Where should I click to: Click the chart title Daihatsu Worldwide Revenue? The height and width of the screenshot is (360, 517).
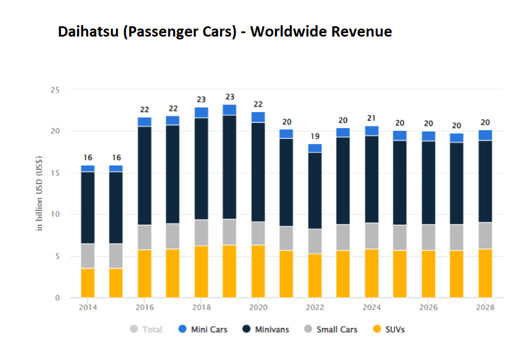[225, 31]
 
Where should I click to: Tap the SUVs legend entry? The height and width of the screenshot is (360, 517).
[388, 329]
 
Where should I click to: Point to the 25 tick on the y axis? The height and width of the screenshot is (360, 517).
[55, 90]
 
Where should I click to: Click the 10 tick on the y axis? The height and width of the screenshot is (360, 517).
[55, 214]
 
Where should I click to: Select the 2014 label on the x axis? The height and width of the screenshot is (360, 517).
[88, 307]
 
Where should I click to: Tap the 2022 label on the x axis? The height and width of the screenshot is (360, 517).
[315, 307]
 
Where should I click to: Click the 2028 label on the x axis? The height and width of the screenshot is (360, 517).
[485, 307]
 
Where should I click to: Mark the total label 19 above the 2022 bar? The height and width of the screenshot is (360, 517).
[315, 136]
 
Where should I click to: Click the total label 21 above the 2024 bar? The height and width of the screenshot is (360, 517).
[372, 118]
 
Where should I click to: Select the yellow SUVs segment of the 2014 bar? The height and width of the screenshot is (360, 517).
[88, 283]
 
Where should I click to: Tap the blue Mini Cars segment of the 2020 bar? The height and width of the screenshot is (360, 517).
[258, 117]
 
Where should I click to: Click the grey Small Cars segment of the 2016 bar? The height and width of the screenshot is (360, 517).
[144, 237]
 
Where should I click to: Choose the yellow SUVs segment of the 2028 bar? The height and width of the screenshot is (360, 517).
[485, 273]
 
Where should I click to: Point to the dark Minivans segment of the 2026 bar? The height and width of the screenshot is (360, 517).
[428, 183]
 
